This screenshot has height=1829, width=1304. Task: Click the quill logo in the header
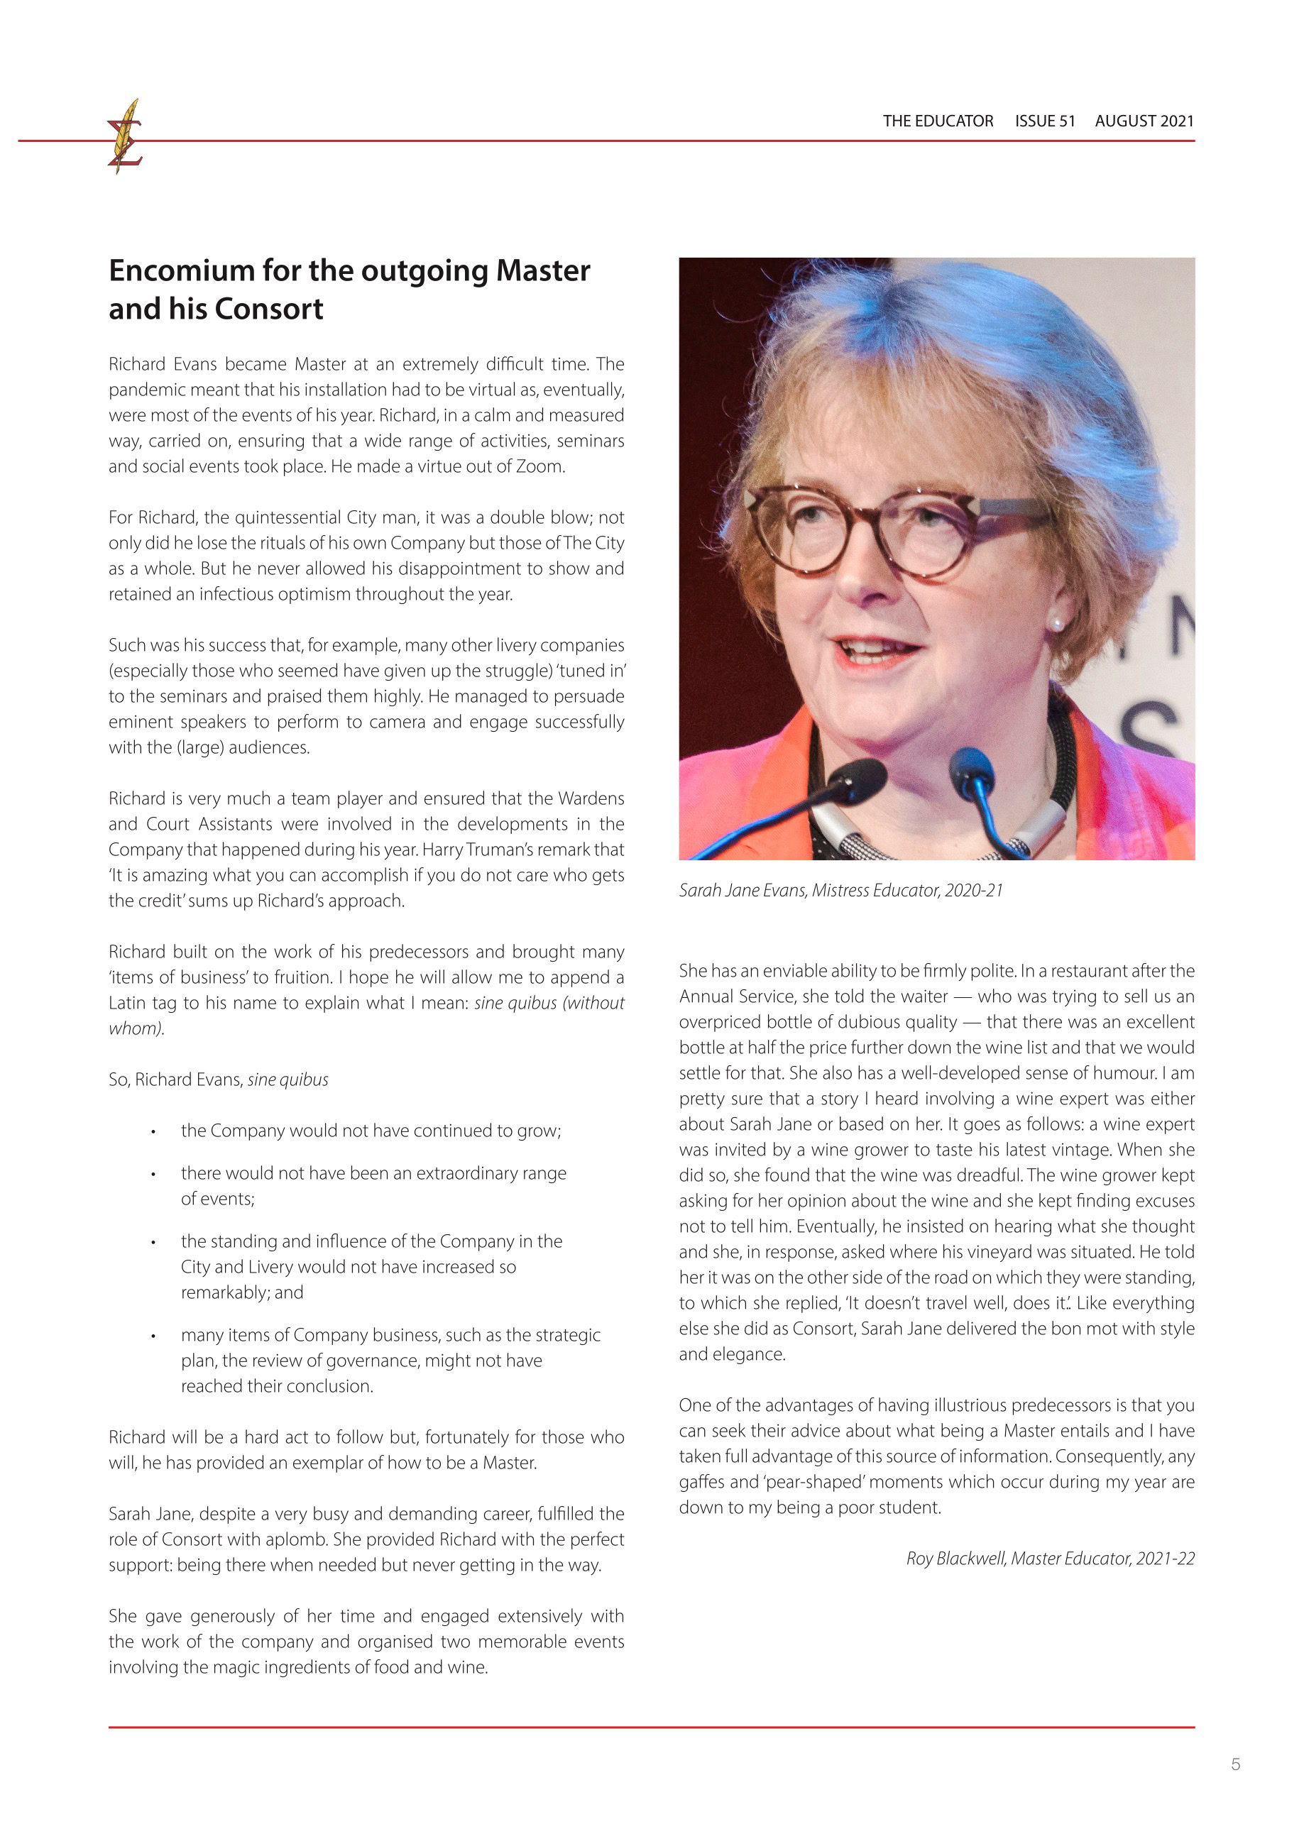pyautogui.click(x=125, y=136)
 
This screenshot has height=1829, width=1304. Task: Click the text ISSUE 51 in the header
pyautogui.click(x=1044, y=121)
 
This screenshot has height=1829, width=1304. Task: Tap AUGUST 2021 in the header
pyautogui.click(x=1144, y=121)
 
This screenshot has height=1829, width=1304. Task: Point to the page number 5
pyautogui.click(x=1235, y=1764)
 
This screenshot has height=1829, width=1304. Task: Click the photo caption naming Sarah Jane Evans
pyautogui.click(x=840, y=891)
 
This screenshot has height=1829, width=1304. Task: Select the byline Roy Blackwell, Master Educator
pyautogui.click(x=1049, y=1559)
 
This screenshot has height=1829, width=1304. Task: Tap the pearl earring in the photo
pyautogui.click(x=1058, y=623)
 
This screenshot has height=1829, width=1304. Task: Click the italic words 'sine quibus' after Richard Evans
pyautogui.click(x=287, y=1080)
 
